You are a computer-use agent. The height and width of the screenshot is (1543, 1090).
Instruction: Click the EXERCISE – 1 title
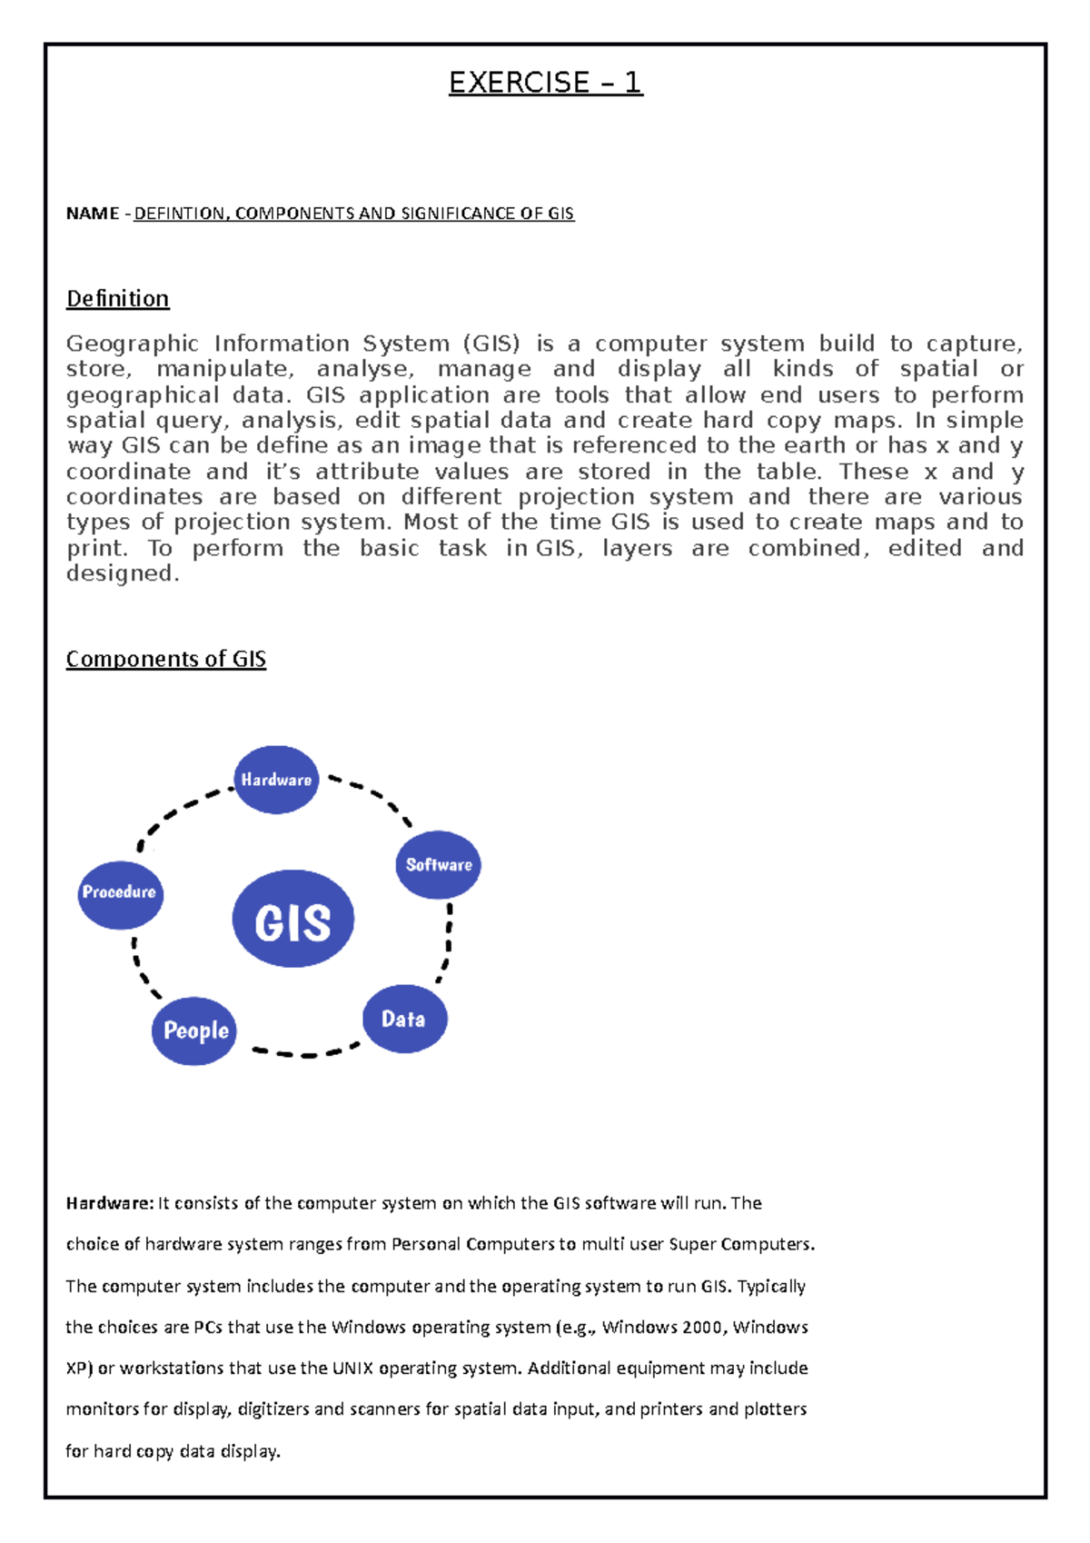(x=545, y=83)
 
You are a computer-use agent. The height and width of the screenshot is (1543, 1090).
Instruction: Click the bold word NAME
(x=93, y=214)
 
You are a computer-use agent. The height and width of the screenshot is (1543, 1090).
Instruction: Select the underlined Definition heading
(x=117, y=298)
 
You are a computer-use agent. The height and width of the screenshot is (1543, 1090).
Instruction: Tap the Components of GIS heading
(x=165, y=658)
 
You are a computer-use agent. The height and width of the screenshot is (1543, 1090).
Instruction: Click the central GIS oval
(x=292, y=919)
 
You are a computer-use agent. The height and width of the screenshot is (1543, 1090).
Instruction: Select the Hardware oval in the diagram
(x=276, y=780)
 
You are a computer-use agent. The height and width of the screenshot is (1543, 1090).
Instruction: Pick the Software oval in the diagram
(x=438, y=864)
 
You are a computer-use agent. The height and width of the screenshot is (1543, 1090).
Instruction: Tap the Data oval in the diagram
(x=404, y=1019)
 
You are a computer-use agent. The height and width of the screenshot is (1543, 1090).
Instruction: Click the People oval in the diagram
(x=194, y=1030)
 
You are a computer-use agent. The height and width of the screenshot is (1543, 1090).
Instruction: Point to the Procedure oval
(x=119, y=893)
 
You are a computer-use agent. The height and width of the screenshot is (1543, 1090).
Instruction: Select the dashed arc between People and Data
(x=306, y=1054)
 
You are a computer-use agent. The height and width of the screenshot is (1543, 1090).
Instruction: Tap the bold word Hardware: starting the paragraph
(x=110, y=1203)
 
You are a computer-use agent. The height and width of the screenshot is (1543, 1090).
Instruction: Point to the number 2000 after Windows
(x=702, y=1327)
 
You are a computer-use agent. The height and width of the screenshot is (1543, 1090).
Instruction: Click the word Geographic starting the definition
(x=132, y=344)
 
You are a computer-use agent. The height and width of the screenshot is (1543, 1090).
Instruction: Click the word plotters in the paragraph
(x=775, y=1409)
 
